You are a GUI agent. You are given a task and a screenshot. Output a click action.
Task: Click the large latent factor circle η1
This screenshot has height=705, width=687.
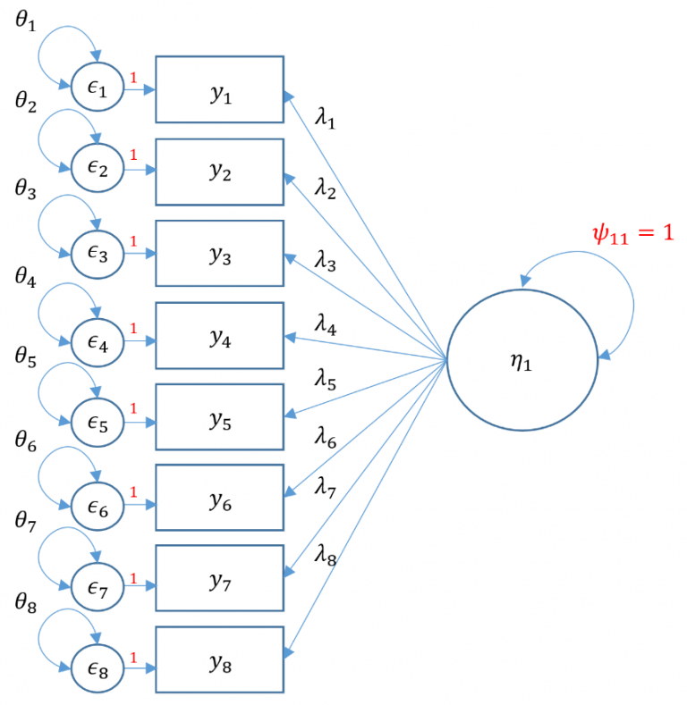tap(522, 361)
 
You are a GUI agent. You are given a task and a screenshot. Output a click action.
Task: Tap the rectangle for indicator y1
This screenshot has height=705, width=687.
tap(219, 89)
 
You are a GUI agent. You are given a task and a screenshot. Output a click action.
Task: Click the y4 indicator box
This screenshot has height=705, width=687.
tap(219, 335)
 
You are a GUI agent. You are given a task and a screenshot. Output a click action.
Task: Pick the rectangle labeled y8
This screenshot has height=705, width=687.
tap(219, 659)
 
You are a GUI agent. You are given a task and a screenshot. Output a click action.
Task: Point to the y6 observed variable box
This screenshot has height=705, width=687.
tap(219, 498)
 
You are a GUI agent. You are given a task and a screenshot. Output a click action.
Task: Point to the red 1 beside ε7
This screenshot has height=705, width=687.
tap(133, 580)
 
